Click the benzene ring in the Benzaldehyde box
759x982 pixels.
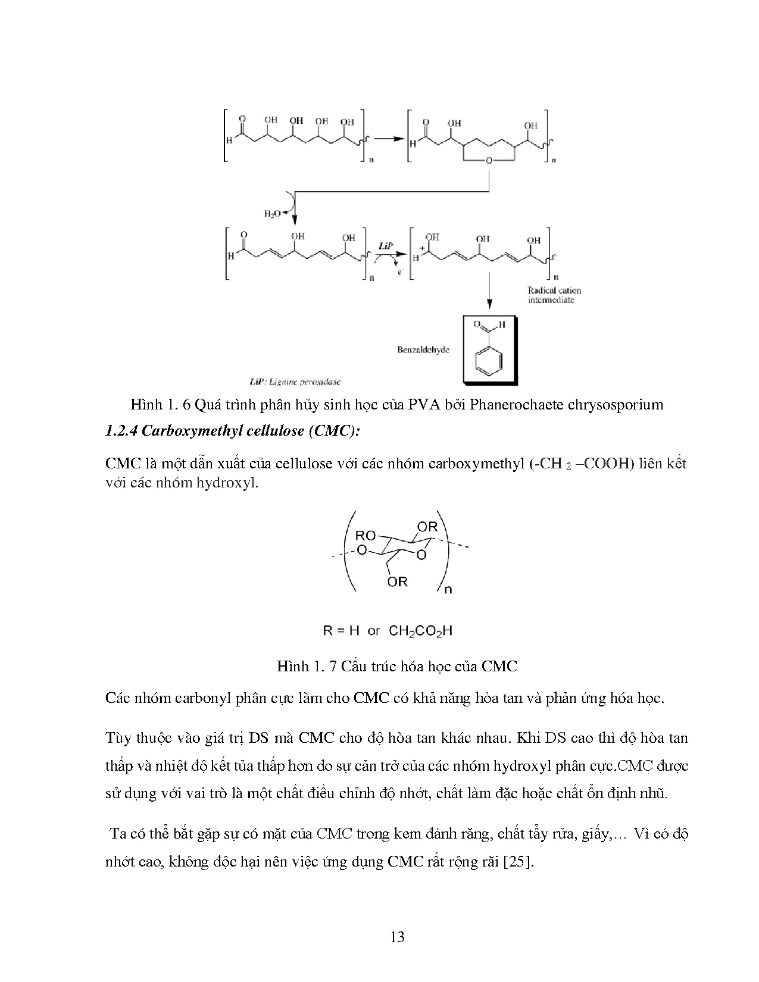click(489, 361)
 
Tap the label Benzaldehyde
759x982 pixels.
click(423, 350)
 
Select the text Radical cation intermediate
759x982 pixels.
click(554, 295)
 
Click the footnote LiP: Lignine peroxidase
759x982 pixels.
click(295, 381)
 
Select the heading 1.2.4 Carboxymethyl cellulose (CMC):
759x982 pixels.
click(232, 431)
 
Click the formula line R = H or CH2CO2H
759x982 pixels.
click(388, 631)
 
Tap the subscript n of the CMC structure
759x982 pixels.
click(448, 590)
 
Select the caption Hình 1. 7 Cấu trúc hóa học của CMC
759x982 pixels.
click(397, 666)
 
